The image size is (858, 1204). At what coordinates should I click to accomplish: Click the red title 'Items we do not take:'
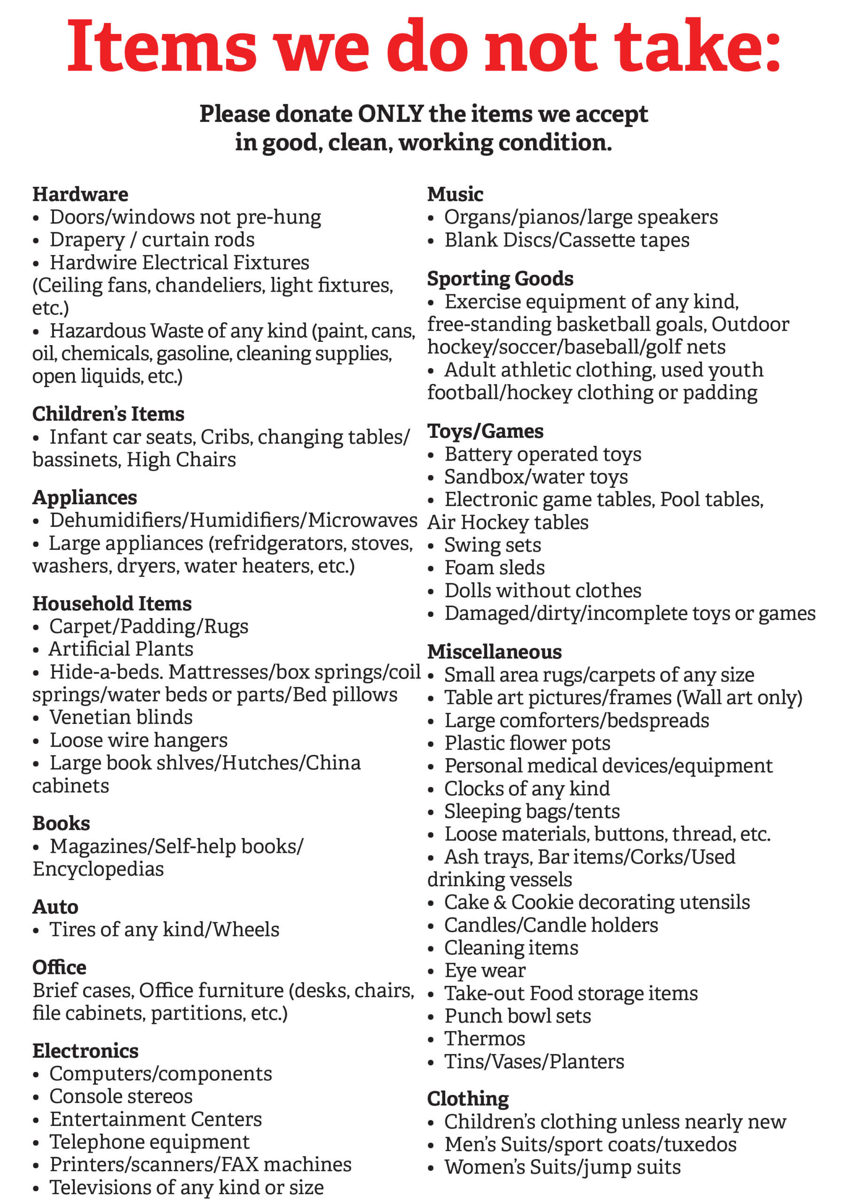click(424, 46)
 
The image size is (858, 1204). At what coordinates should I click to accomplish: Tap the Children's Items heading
click(108, 414)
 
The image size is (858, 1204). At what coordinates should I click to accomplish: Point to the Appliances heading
click(85, 497)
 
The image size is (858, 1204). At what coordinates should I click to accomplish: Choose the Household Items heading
click(112, 603)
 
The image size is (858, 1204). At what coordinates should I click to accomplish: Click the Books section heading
click(61, 824)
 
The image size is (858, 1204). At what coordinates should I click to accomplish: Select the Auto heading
click(55, 907)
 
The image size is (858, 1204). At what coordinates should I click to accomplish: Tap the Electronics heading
click(86, 1051)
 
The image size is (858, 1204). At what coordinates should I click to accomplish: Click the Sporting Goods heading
click(500, 278)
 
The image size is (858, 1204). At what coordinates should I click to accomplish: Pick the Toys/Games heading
click(485, 431)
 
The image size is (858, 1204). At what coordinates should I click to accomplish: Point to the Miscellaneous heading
click(494, 652)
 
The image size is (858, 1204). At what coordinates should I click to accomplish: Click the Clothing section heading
click(468, 1098)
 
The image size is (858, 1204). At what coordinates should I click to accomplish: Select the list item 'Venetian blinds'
click(121, 717)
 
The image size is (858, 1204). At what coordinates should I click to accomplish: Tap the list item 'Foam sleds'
click(494, 568)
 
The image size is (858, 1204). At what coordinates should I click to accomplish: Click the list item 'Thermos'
click(484, 1038)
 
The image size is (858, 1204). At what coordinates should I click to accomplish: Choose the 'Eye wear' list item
click(484, 970)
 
